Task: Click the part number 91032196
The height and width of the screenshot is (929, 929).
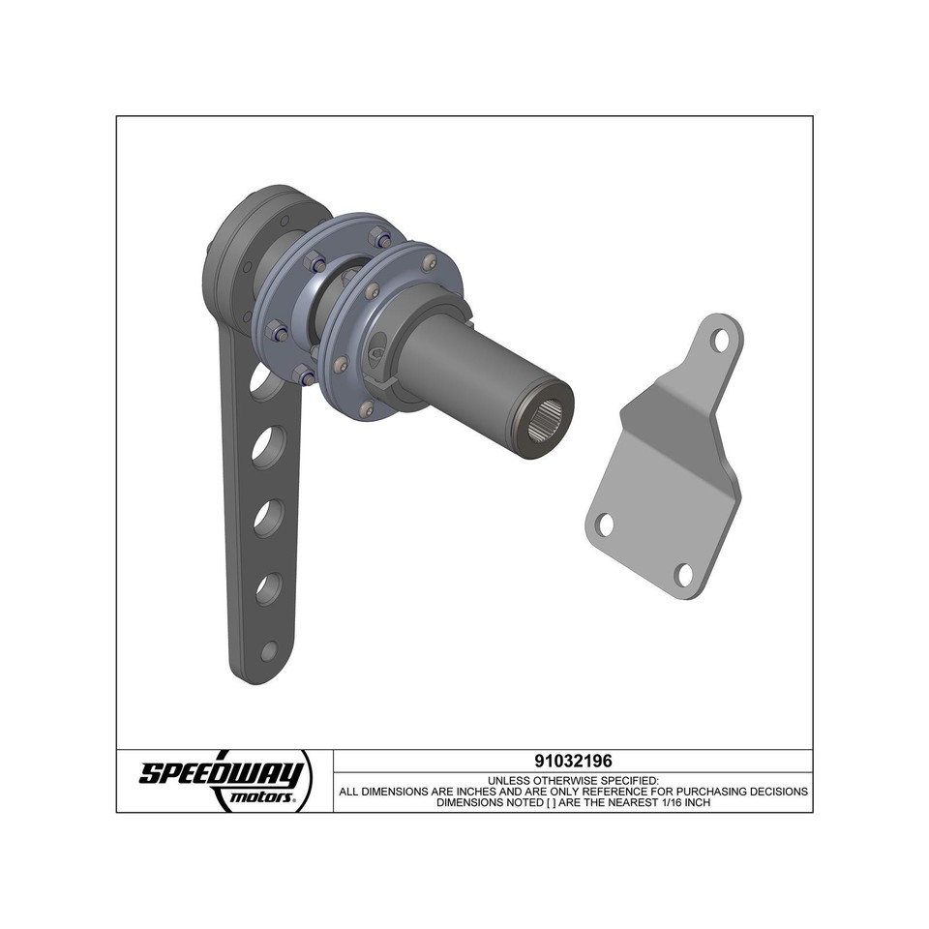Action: [x=573, y=761]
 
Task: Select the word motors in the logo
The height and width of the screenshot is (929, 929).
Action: [x=260, y=799]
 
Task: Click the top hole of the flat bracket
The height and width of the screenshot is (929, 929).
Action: [x=720, y=340]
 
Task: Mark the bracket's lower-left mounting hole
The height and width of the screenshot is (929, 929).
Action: [x=605, y=525]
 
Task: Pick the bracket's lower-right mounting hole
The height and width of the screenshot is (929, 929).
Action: [x=685, y=574]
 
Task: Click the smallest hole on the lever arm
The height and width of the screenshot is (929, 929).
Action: [x=269, y=650]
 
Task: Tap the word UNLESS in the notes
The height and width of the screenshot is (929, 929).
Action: [x=509, y=779]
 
